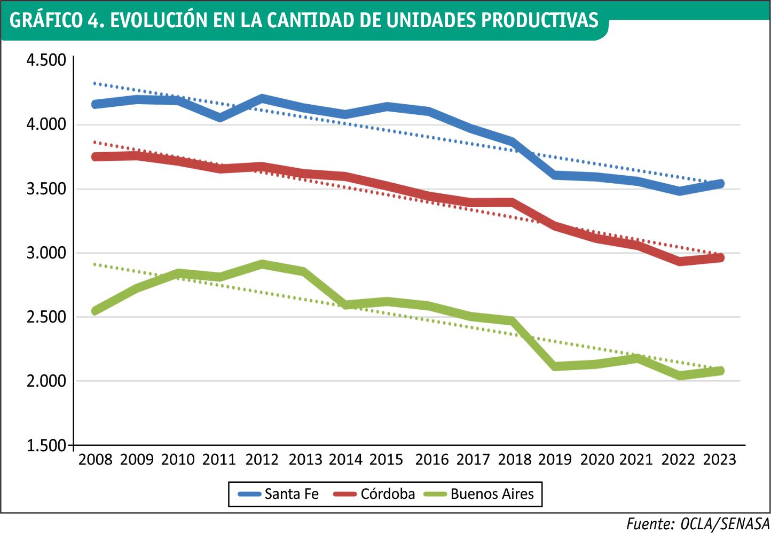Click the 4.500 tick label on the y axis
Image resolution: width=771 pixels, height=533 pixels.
46,60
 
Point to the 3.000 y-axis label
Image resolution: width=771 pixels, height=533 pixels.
46,253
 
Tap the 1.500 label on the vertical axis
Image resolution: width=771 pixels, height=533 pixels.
46,445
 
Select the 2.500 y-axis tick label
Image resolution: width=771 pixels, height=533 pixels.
46,317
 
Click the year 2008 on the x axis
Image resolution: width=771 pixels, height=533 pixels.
96,459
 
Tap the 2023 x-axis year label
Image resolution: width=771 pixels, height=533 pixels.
720,459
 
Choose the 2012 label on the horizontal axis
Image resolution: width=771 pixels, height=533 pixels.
262,459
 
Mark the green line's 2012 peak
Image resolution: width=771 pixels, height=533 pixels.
262,264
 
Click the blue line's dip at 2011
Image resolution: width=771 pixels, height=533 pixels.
220,117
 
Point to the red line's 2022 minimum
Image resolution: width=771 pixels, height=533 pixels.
680,261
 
